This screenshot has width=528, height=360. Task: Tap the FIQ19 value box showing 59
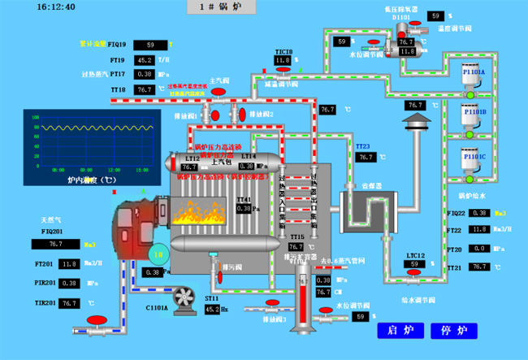pyautogui.click(x=150, y=45)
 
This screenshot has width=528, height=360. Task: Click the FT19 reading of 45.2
pyautogui.click(x=145, y=60)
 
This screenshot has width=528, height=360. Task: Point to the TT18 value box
pyautogui.click(x=145, y=89)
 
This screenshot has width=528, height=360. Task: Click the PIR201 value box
pyautogui.click(x=70, y=284)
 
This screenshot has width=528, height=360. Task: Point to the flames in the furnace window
pyautogui.click(x=197, y=214)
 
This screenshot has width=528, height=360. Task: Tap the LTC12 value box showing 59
pyautogui.click(x=415, y=264)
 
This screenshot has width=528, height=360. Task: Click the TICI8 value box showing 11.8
pyautogui.click(x=282, y=60)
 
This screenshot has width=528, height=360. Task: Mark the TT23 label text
pyautogui.click(x=362, y=145)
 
